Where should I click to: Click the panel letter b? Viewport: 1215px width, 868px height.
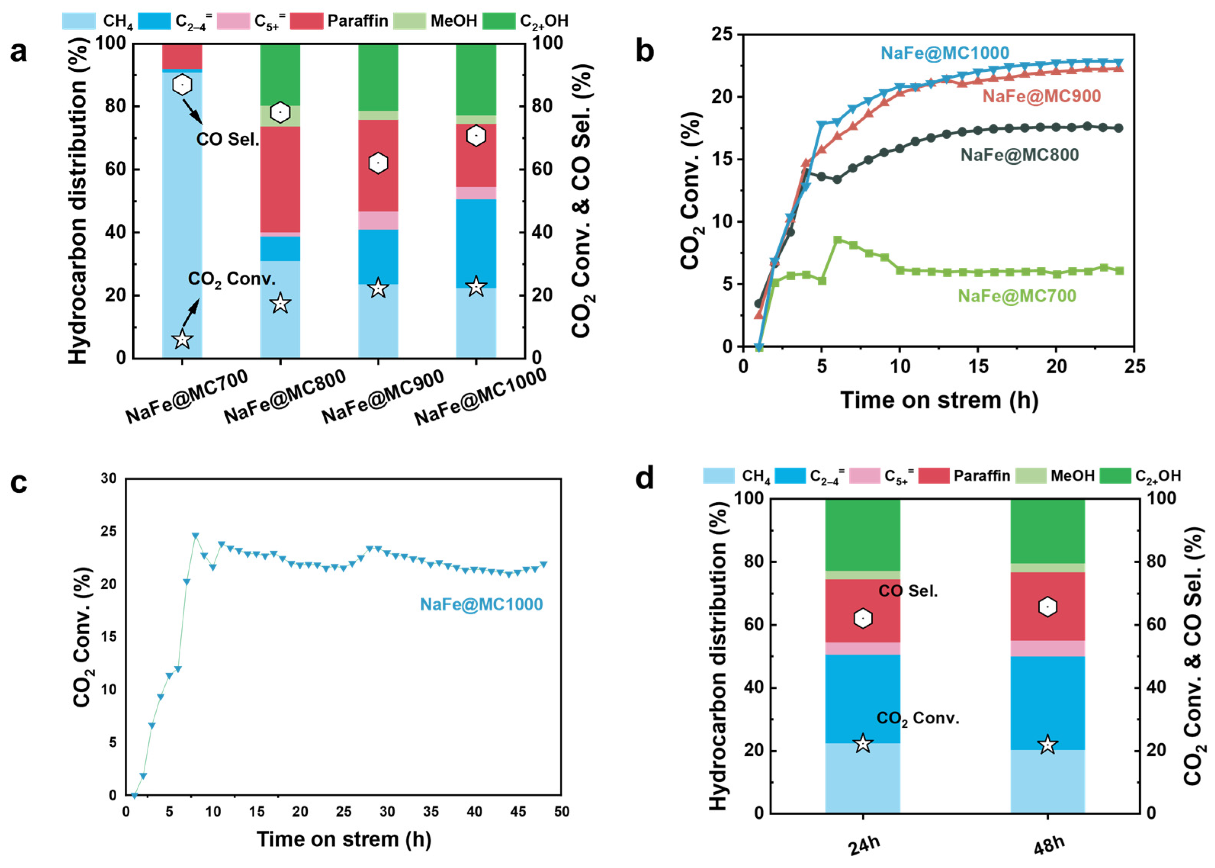[x=645, y=52]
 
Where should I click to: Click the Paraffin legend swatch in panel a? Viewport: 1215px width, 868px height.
[x=306, y=21]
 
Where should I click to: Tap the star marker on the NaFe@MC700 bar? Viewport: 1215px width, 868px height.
[x=182, y=339]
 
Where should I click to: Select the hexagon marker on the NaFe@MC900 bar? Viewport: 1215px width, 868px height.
[x=378, y=163]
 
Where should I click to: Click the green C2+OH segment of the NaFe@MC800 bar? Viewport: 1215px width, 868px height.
[x=280, y=75]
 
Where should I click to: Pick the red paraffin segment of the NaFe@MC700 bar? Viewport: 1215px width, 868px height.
[x=182, y=56]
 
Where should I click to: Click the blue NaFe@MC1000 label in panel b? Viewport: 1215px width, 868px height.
[x=945, y=53]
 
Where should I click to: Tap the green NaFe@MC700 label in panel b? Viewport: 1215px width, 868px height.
[x=1017, y=296]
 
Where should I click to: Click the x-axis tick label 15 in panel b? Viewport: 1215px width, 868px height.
[x=978, y=366]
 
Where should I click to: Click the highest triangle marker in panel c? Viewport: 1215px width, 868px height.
[x=196, y=535]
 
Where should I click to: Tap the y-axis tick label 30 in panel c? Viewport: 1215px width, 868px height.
[x=109, y=478]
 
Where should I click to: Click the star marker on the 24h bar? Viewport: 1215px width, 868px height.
[x=863, y=743]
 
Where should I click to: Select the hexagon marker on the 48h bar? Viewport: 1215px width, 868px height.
[x=1048, y=607]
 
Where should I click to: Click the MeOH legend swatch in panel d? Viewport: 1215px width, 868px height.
[x=1030, y=476]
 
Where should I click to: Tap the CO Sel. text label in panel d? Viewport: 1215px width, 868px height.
[x=908, y=591]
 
